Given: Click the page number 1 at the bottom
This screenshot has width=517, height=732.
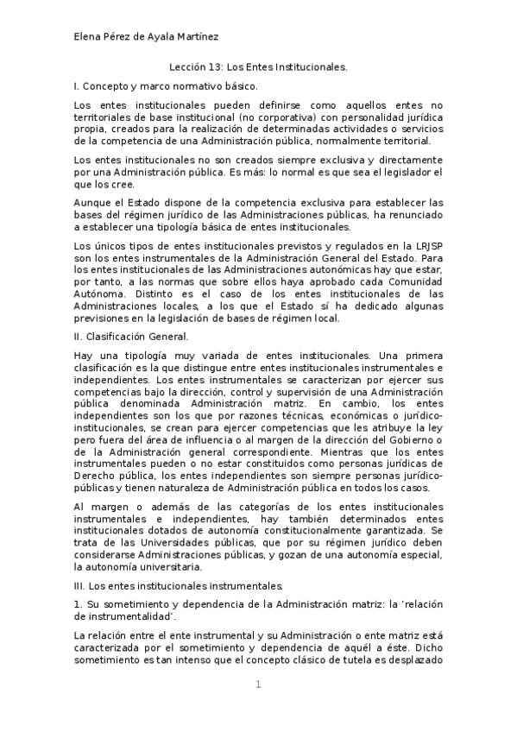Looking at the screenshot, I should click(x=257, y=685).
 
